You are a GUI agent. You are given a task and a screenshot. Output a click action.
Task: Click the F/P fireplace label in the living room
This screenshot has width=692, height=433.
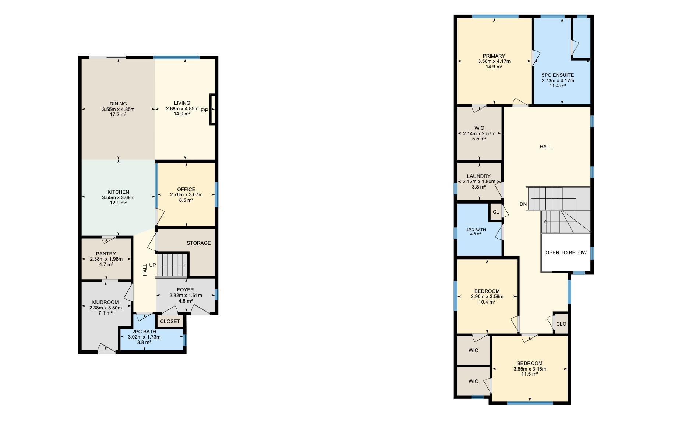(204, 110)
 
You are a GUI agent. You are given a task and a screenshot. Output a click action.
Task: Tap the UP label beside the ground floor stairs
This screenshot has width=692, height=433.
(152, 265)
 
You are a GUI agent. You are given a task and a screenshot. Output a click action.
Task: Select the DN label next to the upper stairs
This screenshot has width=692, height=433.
(523, 204)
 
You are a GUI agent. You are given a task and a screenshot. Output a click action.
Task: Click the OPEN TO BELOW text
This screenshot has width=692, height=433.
(566, 253)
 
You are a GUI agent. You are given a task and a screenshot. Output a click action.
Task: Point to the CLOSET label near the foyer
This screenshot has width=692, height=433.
(170, 321)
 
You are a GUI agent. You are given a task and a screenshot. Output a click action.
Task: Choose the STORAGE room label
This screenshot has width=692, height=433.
(199, 243)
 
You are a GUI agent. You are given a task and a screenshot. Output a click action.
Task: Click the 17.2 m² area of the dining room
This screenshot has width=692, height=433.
(118, 115)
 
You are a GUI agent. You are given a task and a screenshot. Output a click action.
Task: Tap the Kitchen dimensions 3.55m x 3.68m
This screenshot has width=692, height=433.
(118, 197)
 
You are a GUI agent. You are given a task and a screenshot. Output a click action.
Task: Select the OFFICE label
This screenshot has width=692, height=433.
(186, 190)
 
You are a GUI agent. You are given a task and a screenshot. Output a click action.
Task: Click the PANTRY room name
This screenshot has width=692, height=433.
(106, 254)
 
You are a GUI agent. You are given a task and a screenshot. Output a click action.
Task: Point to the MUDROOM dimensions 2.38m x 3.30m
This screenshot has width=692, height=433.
(105, 308)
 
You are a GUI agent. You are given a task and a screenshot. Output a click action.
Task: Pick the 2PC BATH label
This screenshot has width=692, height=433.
(144, 332)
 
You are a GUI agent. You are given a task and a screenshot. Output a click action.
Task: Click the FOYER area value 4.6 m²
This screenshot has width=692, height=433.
(186, 301)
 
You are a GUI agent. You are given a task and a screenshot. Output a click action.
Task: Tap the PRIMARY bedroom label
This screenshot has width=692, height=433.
(494, 56)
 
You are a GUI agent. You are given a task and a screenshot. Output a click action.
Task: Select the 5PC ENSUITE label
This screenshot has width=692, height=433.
(558, 75)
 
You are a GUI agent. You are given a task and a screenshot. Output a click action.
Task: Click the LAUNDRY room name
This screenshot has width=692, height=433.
(479, 176)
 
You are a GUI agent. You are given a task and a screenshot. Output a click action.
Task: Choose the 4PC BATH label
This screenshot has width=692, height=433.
(476, 230)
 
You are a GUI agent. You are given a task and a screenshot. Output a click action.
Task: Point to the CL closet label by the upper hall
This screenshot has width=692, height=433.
(496, 212)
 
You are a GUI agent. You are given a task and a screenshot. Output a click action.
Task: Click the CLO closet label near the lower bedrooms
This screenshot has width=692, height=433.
(561, 324)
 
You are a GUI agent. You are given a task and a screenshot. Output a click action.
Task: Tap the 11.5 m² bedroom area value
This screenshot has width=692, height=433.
(530, 374)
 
